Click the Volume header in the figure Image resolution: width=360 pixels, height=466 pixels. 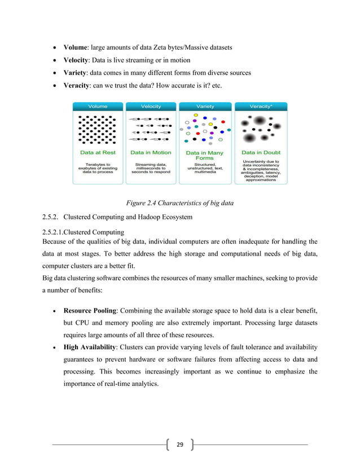97,106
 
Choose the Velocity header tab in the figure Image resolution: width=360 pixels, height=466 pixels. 151,106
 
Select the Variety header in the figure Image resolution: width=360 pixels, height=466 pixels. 204,106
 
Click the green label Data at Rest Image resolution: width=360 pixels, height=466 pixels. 97,152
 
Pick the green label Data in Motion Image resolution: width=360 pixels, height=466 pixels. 151,152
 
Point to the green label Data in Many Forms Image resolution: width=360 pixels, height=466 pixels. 204,155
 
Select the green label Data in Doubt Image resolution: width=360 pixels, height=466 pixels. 261,152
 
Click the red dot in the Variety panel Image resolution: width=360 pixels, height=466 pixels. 223,121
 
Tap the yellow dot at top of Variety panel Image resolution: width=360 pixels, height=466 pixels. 196,115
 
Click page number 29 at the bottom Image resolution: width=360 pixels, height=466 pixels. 179,445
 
